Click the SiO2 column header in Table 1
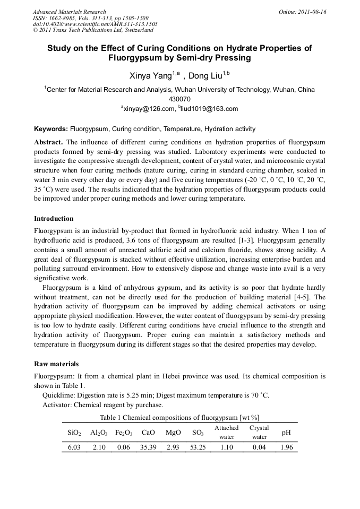(x=74, y=433)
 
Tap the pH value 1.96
(x=286, y=447)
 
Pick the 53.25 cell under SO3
(x=198, y=447)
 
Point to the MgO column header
(x=173, y=433)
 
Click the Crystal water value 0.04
(x=259, y=447)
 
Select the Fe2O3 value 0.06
(x=123, y=447)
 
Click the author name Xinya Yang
(x=149, y=76)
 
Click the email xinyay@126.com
(x=149, y=109)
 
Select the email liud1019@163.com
(x=211, y=109)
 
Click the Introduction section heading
(x=54, y=219)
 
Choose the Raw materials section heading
(x=56, y=364)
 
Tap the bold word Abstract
(x=48, y=142)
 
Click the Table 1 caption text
(x=179, y=418)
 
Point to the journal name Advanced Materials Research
(x=69, y=12)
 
